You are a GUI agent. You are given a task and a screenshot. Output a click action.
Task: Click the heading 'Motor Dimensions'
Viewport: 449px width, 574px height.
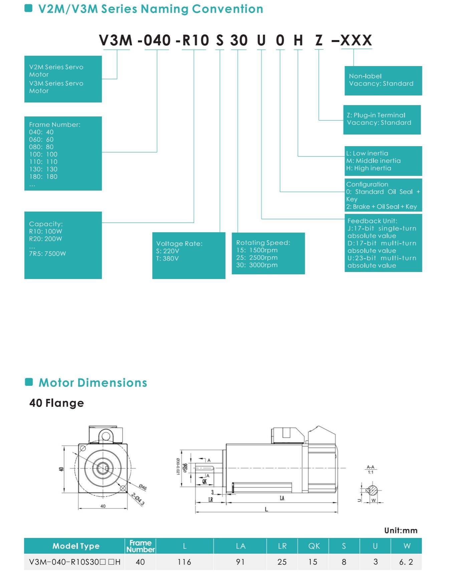tap(92, 382)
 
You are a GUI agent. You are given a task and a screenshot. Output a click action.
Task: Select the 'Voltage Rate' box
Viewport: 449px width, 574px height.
tap(189, 255)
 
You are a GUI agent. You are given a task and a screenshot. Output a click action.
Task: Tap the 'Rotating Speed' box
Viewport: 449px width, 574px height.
tap(268, 253)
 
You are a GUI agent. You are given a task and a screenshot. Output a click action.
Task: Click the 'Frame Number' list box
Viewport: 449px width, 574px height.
tap(63, 154)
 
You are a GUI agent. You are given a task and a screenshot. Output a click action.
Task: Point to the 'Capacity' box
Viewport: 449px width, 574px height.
tap(63, 245)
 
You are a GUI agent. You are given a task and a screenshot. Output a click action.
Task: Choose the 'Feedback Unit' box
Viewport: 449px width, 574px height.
tap(383, 243)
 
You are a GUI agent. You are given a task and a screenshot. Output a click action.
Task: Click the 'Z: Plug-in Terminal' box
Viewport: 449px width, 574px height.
tap(382, 119)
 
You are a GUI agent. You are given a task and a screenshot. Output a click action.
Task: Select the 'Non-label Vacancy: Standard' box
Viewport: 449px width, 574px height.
tap(383, 80)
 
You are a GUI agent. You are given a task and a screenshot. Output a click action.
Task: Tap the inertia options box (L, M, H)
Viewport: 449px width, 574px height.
tap(383, 161)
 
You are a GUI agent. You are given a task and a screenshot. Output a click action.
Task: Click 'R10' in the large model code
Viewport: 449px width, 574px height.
tap(196, 40)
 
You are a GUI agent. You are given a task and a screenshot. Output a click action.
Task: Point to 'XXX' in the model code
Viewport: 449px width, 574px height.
tap(356, 40)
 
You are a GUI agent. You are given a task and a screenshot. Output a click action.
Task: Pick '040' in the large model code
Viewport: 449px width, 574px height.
tap(157, 40)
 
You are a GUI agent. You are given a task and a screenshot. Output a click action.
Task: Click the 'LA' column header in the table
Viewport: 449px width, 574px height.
tap(240, 546)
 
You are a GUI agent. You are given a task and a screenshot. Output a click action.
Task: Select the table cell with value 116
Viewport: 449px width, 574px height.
tap(184, 562)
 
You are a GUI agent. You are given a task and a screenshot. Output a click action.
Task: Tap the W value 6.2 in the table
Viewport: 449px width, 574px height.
tap(406, 562)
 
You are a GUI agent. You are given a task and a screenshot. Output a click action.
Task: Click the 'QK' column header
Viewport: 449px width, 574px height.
tap(314, 546)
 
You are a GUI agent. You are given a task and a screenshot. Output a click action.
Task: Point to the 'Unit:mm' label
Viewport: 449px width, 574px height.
tap(401, 531)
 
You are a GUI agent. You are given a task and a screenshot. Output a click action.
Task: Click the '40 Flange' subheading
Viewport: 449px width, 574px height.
tap(56, 403)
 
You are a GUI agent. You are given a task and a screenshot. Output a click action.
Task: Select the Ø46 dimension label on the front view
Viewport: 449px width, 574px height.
tap(143, 487)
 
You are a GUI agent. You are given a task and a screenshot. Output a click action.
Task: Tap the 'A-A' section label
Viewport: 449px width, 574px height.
tap(371, 467)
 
